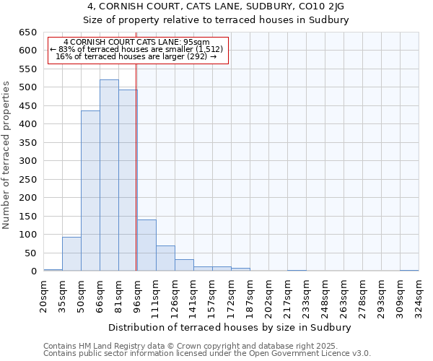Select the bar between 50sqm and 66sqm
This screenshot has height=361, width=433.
90,191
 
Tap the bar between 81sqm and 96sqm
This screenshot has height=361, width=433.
128,180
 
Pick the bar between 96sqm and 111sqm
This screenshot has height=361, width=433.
146,245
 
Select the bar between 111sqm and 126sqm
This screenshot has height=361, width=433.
165,258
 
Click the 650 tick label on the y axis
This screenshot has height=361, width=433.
27,32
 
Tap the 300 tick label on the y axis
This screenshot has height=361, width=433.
27,161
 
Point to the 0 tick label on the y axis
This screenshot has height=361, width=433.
33,271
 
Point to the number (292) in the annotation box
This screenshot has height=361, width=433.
197,56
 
